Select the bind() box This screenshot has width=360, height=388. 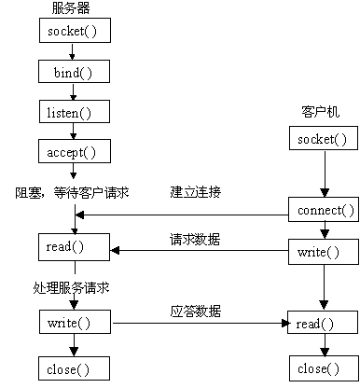(x=75, y=71)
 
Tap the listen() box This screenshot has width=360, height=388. (x=75, y=111)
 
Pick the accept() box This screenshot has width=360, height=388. (x=75, y=151)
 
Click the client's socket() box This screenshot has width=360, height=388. (x=323, y=139)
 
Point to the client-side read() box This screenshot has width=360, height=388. (x=323, y=324)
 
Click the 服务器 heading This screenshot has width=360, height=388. (x=73, y=8)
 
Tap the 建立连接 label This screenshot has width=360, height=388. (x=196, y=193)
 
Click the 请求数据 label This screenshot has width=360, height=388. (x=196, y=239)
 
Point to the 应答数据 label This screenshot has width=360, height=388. (x=196, y=309)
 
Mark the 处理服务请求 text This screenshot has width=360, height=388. (x=73, y=288)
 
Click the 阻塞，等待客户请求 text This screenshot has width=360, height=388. (x=73, y=193)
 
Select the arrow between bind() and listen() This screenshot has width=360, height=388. (x=75, y=91)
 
